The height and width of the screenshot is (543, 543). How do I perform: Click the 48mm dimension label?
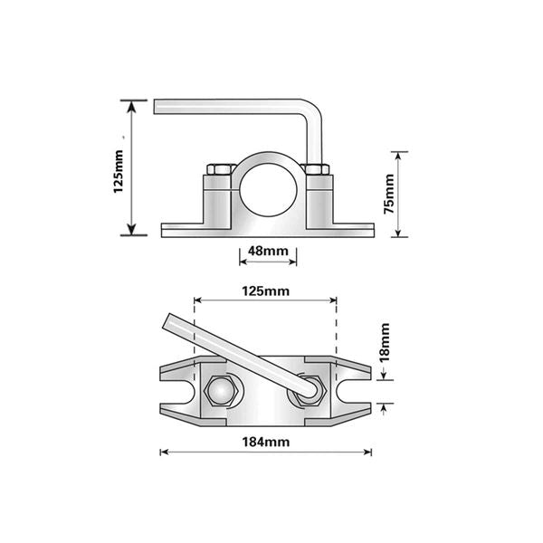[x=268, y=251]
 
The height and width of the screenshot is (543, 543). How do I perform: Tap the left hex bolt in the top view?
[x=223, y=392]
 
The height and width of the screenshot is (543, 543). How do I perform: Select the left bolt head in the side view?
[x=218, y=168]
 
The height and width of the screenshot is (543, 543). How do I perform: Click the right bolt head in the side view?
[x=316, y=168]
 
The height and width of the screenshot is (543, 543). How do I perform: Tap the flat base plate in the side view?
[x=267, y=230]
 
